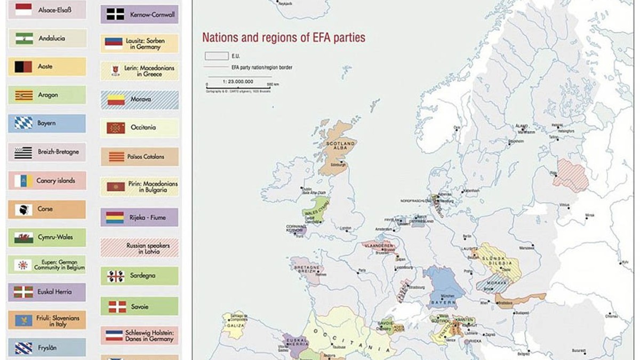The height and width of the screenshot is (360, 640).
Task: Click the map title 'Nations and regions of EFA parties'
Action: pyautogui.click(x=283, y=38)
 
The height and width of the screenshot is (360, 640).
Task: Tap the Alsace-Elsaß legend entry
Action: pyautogui.click(x=47, y=10)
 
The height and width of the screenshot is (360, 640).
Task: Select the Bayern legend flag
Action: pyautogui.click(x=23, y=123)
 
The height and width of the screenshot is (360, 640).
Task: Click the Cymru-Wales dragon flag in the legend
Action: pyautogui.click(x=23, y=237)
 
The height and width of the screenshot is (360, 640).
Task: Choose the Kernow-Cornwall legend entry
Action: pyautogui.click(x=140, y=14)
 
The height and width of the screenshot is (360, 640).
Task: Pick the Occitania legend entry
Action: pyautogui.click(x=140, y=128)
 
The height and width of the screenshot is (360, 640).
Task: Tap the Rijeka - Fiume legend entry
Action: pyautogui.click(x=140, y=218)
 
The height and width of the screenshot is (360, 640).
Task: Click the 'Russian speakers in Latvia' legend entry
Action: pyautogui.click(x=140, y=248)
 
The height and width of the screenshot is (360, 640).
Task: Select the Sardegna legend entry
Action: pyautogui.click(x=140, y=276)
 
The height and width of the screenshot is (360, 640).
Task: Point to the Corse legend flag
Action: pyautogui.click(x=23, y=209)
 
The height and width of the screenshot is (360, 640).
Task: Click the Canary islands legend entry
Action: pyautogui.click(x=47, y=181)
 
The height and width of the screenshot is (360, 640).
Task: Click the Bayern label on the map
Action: pyautogui.click(x=443, y=302)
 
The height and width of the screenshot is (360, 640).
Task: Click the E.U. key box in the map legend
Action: pyautogui.click(x=217, y=56)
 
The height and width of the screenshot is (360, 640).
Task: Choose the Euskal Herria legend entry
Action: pyautogui.click(x=47, y=292)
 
